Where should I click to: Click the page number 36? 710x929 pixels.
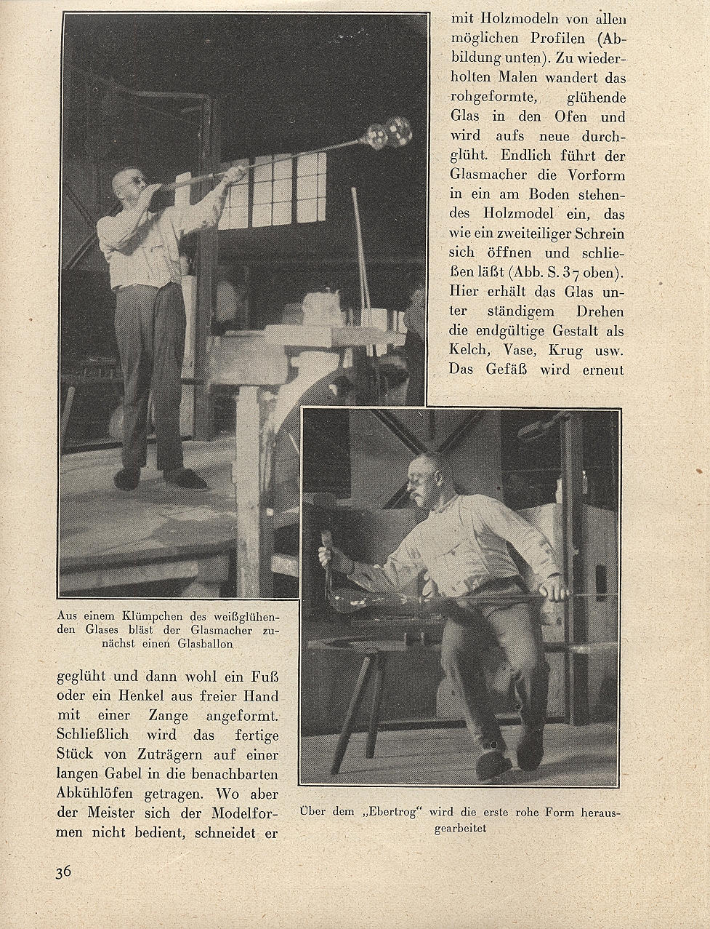pyautogui.click(x=63, y=872)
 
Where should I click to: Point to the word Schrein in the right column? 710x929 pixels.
pyautogui.click(x=596, y=234)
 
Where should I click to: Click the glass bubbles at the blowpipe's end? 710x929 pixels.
pyautogui.click(x=389, y=134)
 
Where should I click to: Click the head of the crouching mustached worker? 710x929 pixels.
pyautogui.click(x=425, y=478)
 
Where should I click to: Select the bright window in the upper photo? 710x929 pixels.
pyautogui.click(x=276, y=189)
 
